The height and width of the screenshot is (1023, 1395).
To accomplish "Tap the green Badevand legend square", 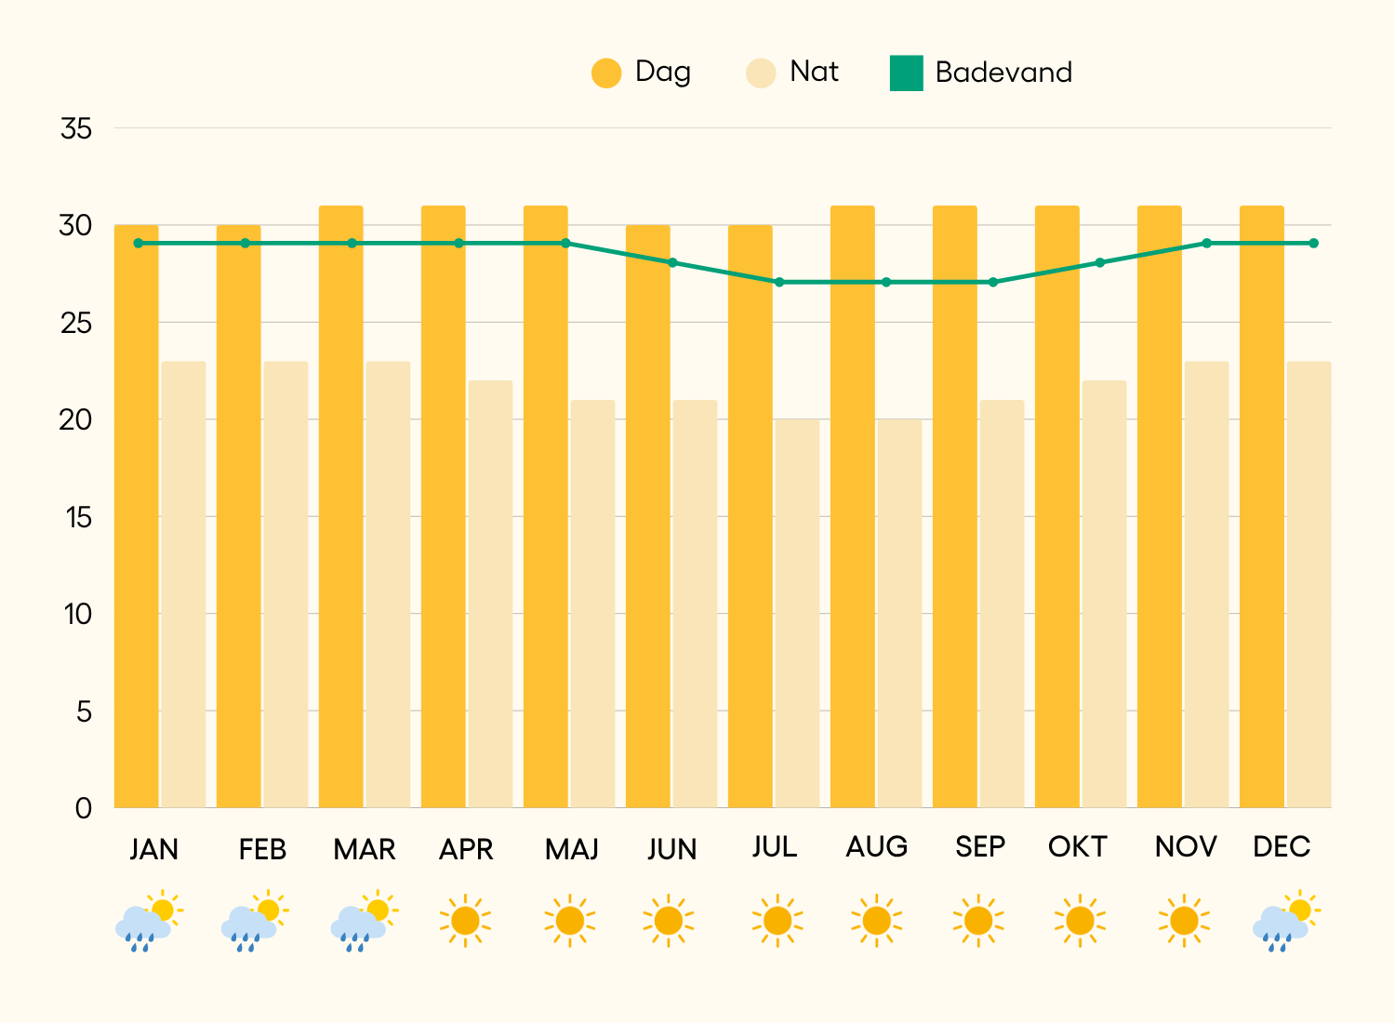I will (906, 73).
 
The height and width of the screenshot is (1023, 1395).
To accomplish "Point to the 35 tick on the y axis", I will (76, 128).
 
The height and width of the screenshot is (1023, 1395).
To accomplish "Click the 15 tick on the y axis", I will (79, 517).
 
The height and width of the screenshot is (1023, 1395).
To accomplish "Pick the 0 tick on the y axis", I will (84, 808).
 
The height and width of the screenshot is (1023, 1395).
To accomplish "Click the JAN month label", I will (154, 849).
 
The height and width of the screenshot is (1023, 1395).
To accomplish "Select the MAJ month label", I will (572, 849).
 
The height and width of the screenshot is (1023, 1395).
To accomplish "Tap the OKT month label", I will (1078, 847).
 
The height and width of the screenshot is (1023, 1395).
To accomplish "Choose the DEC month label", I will (1282, 847).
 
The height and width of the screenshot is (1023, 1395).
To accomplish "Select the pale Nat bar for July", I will (797, 614).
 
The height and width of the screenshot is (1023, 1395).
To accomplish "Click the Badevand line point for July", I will (779, 282).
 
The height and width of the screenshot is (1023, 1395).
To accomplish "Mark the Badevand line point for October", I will (1099, 262).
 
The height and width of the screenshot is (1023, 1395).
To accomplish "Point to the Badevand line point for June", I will (672, 262).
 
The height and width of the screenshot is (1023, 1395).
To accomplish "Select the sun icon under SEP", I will (978, 921).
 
